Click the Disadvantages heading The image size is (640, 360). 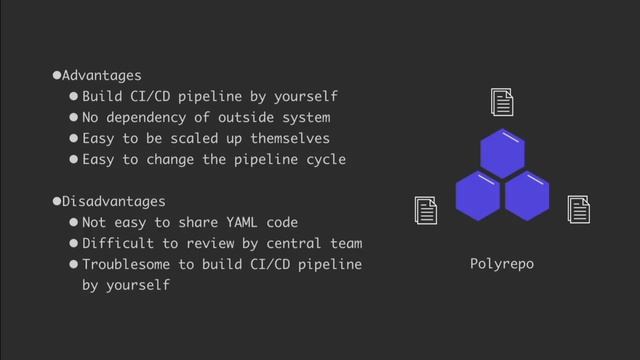pyautogui.click(x=112, y=202)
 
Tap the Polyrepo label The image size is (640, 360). pyautogui.click(x=501, y=264)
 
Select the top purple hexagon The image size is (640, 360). pyautogui.click(x=501, y=151)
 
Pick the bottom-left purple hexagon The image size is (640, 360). pyautogui.click(x=477, y=195)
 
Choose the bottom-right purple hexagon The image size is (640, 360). pyautogui.click(x=526, y=195)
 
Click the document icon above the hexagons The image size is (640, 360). pyautogui.click(x=502, y=102)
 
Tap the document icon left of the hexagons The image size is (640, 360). pyautogui.click(x=426, y=211)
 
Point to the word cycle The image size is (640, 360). pyautogui.click(x=325, y=160)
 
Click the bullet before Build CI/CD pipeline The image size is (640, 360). pyautogui.click(x=73, y=98)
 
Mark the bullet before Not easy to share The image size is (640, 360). pyautogui.click(x=73, y=223)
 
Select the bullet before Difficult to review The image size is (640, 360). pyautogui.click(x=73, y=244)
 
